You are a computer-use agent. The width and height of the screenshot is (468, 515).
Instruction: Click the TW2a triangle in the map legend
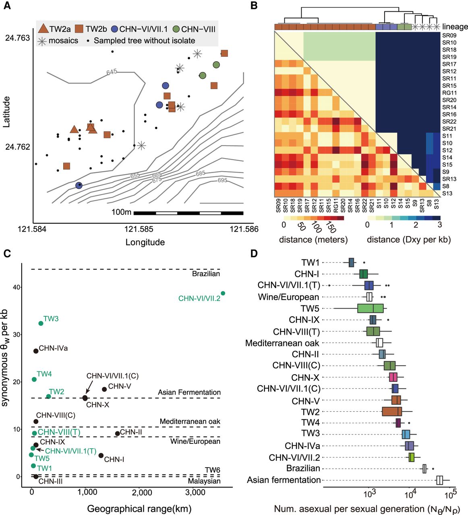(43, 29)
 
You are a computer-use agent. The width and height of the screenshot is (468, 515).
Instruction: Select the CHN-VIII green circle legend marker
(176, 29)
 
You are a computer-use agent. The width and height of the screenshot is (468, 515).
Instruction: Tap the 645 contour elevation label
(112, 72)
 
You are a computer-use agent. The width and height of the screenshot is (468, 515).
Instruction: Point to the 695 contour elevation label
(222, 181)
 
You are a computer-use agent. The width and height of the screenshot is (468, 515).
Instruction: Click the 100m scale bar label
(121, 212)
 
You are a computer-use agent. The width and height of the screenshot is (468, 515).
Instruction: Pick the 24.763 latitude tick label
(17, 38)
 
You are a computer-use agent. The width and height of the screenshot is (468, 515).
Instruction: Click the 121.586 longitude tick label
(244, 229)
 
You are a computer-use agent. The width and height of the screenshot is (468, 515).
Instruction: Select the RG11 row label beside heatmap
(449, 93)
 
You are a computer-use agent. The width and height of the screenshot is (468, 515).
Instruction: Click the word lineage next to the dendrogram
(455, 27)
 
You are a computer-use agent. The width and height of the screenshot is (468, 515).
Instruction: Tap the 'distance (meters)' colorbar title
(313, 240)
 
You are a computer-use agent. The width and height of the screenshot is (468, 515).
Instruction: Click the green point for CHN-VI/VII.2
(223, 293)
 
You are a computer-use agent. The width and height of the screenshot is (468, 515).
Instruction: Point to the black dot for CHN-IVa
(36, 351)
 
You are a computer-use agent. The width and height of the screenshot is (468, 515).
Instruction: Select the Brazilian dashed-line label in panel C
(206, 274)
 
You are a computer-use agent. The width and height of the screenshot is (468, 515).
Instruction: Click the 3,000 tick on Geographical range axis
(195, 492)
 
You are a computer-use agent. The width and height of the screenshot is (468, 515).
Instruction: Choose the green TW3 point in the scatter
(41, 323)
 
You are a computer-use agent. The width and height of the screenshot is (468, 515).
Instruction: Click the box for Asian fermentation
(439, 480)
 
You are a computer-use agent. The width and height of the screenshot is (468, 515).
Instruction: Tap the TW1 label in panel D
(310, 263)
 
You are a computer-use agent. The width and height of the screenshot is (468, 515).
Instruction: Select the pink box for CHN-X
(393, 377)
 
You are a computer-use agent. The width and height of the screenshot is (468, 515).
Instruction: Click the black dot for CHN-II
(117, 433)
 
